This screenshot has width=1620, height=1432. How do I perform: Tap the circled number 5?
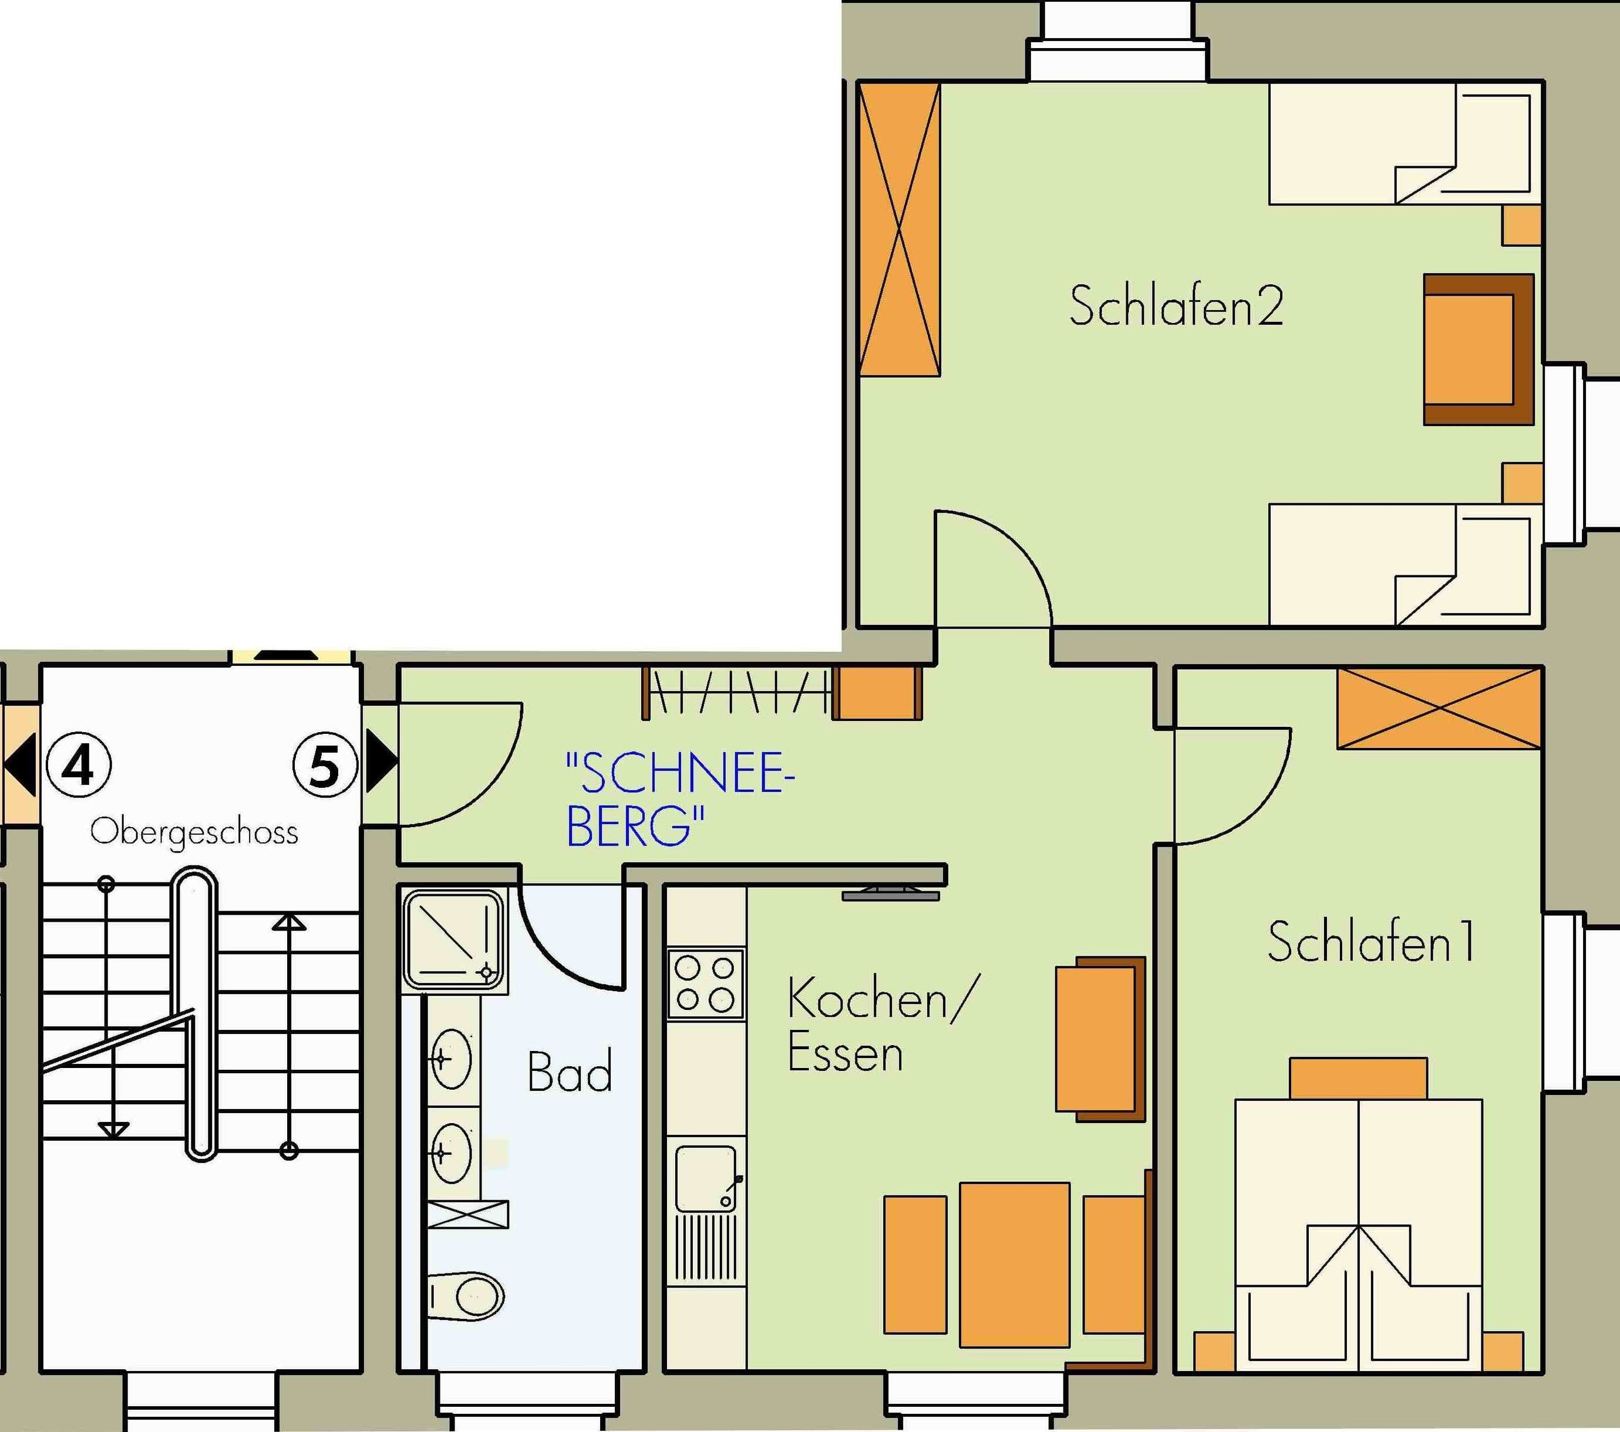coord(325,766)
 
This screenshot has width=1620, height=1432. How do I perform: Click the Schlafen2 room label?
coord(1176,306)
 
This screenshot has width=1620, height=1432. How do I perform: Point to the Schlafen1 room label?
coord(1371,942)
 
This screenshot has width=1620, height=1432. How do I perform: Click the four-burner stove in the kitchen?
coord(705,983)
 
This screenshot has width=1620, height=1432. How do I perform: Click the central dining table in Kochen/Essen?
coord(1015,1265)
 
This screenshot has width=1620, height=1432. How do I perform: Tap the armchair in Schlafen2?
coord(1478,349)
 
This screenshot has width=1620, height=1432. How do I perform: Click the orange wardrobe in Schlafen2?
coord(900,229)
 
